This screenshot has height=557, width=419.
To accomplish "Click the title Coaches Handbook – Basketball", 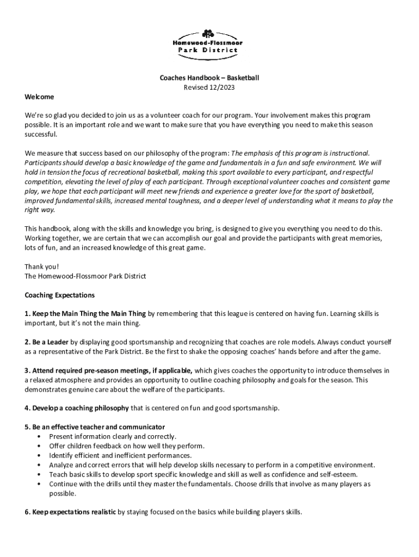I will click(209, 78).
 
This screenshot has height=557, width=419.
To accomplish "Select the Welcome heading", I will click(39, 97).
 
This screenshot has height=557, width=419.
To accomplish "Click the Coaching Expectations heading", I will click(60, 295).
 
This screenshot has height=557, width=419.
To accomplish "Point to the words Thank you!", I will click(41, 267).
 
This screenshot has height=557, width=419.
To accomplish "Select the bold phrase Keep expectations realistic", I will click(70, 512).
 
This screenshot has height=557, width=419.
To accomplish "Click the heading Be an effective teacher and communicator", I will click(95, 426).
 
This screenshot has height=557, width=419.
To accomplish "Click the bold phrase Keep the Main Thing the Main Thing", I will click(85, 314).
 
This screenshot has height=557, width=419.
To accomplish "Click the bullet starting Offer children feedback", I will click(127, 446).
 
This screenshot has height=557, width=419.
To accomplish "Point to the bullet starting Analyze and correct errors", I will click(212, 465).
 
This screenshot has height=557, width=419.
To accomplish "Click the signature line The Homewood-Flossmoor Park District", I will click(85, 276).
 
